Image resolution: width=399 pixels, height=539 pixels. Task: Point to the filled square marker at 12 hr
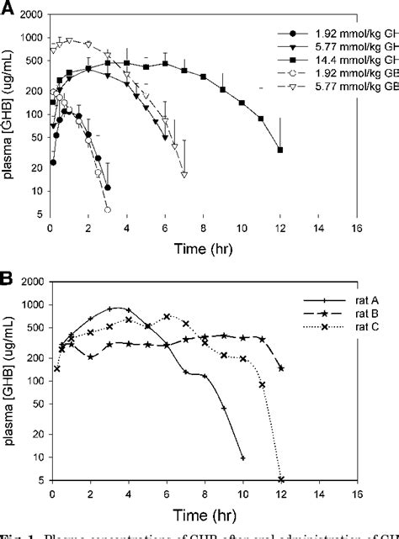280,150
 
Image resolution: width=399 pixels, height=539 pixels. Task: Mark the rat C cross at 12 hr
280,480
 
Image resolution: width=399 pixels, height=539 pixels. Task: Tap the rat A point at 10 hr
242,457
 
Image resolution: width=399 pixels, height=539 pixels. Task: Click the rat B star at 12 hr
280,368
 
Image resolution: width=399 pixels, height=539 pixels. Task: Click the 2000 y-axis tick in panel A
35,17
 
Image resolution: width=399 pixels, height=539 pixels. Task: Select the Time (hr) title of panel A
203,251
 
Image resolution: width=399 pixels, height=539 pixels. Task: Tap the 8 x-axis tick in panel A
204,228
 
